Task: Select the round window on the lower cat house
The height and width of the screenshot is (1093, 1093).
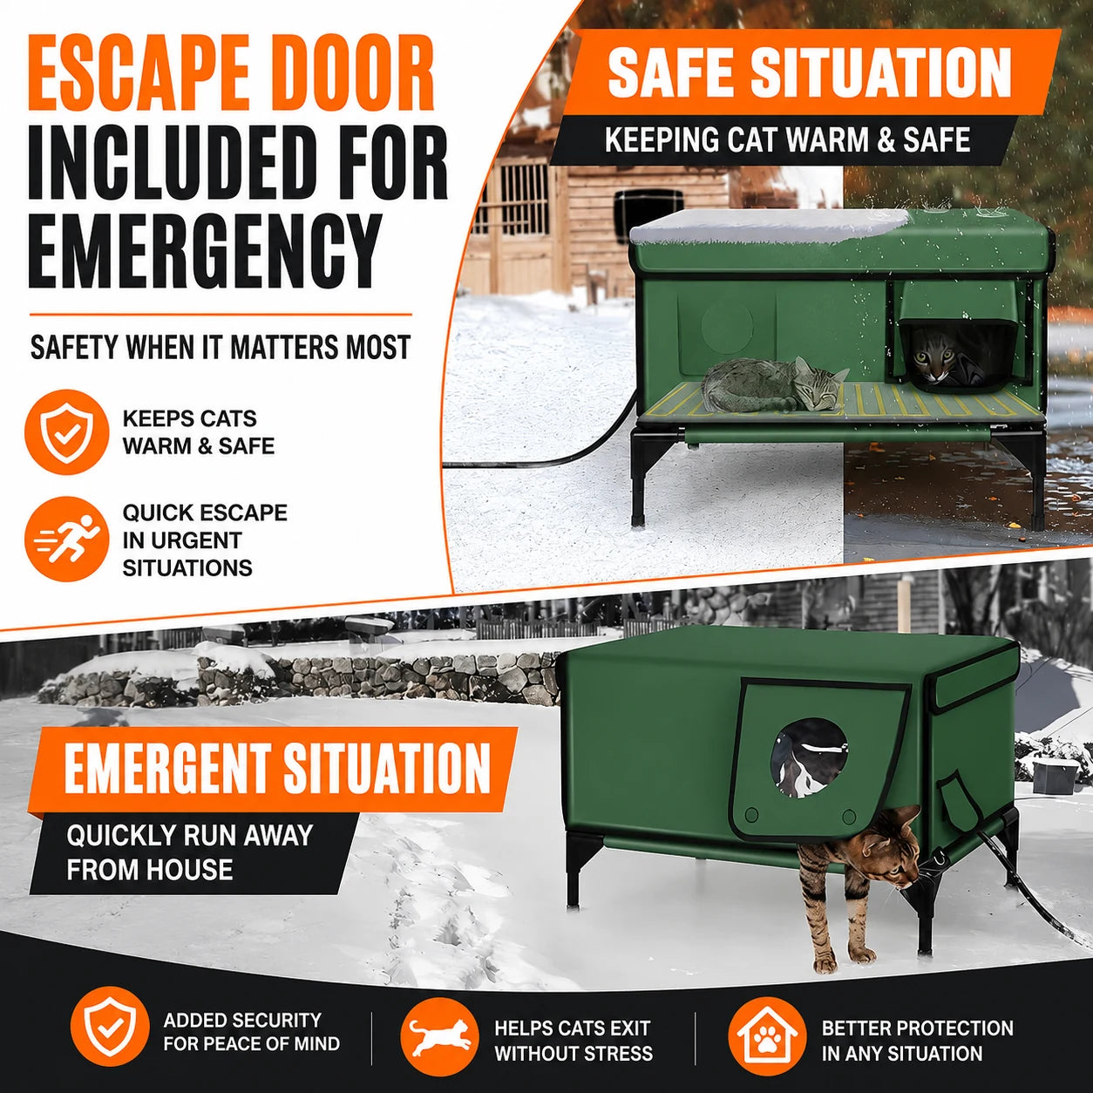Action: coord(810,757)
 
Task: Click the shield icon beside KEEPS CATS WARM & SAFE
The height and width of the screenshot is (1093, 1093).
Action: coord(67,431)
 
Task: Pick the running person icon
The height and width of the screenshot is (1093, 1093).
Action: coord(67,539)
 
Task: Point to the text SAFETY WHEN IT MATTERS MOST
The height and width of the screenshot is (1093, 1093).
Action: coord(220,347)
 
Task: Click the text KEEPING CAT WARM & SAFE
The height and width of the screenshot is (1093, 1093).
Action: coord(787,140)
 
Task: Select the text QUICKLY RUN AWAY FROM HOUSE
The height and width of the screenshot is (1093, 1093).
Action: coord(189,852)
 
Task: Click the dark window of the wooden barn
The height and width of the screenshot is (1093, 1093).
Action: coord(648,210)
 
